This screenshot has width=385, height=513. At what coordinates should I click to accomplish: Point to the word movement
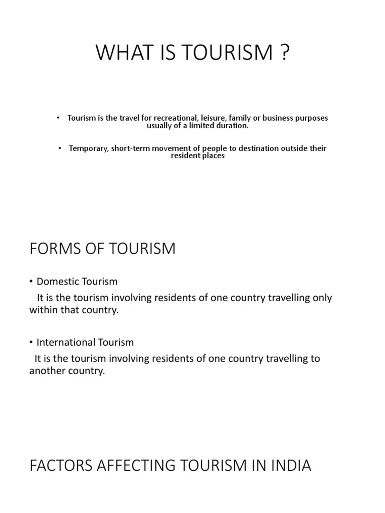pyautogui.click(x=168, y=148)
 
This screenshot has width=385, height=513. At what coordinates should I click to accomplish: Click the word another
pyautogui.click(x=48, y=372)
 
